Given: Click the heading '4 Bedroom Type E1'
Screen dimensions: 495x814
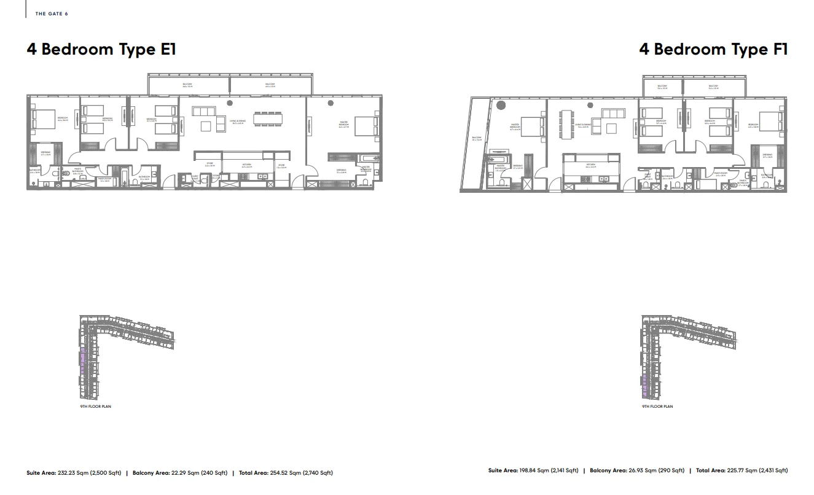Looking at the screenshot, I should (101, 49).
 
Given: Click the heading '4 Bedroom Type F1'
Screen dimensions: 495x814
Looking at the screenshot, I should (713, 49).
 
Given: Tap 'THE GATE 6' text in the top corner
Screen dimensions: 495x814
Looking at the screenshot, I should (52, 14).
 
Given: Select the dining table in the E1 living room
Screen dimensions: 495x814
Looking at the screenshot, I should (268, 119).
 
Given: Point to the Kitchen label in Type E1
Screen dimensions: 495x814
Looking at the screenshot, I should (246, 164).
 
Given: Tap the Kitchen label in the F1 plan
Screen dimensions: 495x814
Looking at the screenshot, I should (590, 165).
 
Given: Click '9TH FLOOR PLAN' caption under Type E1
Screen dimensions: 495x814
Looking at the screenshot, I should (95, 407).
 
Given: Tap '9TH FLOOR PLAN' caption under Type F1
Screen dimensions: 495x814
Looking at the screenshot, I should (657, 407).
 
